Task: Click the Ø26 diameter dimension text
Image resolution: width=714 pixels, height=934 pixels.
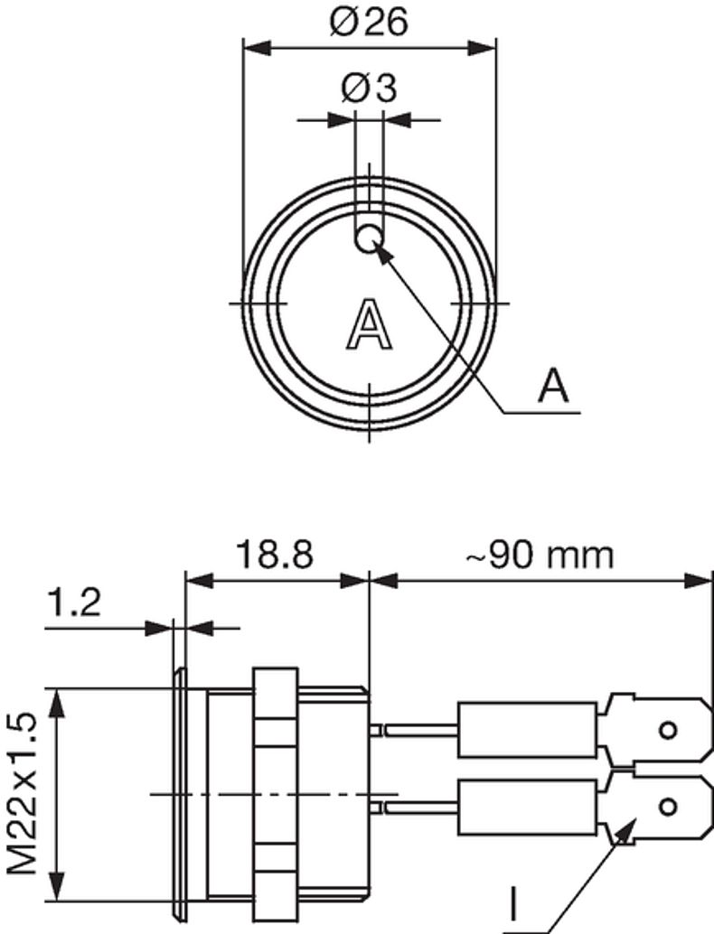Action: [369, 22]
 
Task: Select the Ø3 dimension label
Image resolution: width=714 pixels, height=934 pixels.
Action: [369, 89]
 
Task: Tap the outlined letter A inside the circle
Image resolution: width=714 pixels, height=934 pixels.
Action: [370, 324]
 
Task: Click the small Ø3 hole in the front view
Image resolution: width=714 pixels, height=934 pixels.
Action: [369, 239]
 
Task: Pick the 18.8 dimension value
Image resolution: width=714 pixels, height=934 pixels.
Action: [275, 555]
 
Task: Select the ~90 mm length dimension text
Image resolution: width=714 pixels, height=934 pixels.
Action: [540, 556]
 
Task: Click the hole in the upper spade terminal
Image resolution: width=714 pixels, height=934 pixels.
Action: [668, 730]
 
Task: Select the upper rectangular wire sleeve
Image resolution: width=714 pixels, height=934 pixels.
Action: [528, 730]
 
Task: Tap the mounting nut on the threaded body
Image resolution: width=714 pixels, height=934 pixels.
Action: [276, 793]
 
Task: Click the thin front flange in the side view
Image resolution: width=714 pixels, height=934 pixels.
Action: [179, 793]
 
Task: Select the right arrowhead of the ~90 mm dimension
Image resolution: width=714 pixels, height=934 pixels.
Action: [698, 580]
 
